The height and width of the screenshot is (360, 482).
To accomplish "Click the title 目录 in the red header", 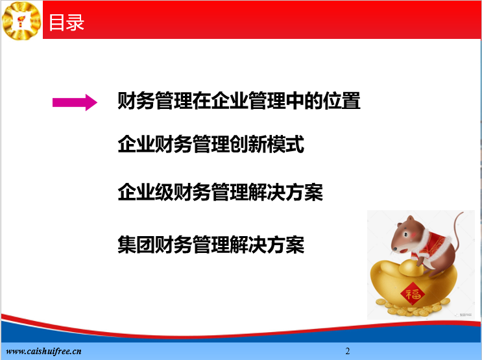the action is click(x=66, y=23).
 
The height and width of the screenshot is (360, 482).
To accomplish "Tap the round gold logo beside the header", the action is click(x=21, y=20).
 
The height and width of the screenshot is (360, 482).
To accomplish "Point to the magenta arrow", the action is click(x=75, y=102).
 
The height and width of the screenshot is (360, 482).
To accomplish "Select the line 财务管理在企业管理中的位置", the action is click(x=239, y=101).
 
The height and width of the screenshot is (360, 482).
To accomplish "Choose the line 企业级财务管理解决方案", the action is click(x=220, y=192).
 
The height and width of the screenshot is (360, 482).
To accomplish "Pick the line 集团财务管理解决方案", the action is click(x=211, y=245).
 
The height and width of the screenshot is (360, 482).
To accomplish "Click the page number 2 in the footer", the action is click(x=347, y=351).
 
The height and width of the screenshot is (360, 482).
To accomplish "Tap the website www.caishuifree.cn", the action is click(x=43, y=351).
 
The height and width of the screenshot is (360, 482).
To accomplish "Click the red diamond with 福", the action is click(x=413, y=294).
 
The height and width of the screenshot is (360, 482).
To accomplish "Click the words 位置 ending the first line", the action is click(x=341, y=101).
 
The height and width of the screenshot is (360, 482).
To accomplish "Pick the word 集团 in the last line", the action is click(x=136, y=245).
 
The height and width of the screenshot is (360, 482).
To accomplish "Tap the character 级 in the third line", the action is click(x=164, y=192).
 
